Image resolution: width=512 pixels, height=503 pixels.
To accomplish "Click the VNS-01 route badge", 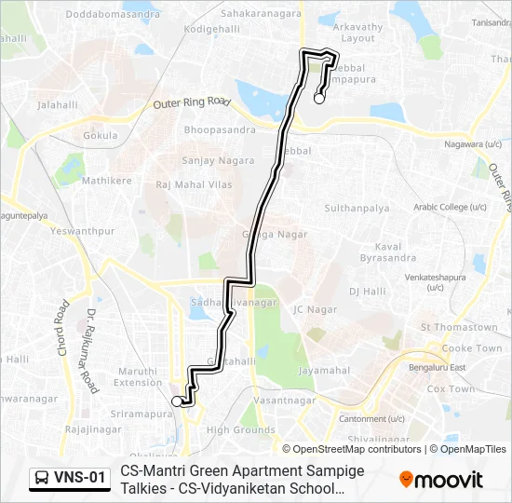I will point(70,479).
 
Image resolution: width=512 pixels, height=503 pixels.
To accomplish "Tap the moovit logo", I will point(441,479).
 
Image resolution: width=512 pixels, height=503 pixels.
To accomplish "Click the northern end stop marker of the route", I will point(319,98).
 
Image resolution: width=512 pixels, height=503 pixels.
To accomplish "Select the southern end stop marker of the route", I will point(177,401).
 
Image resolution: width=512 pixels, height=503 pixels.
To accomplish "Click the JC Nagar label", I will point(315,308).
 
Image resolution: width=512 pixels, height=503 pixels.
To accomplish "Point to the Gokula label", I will point(100,135).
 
